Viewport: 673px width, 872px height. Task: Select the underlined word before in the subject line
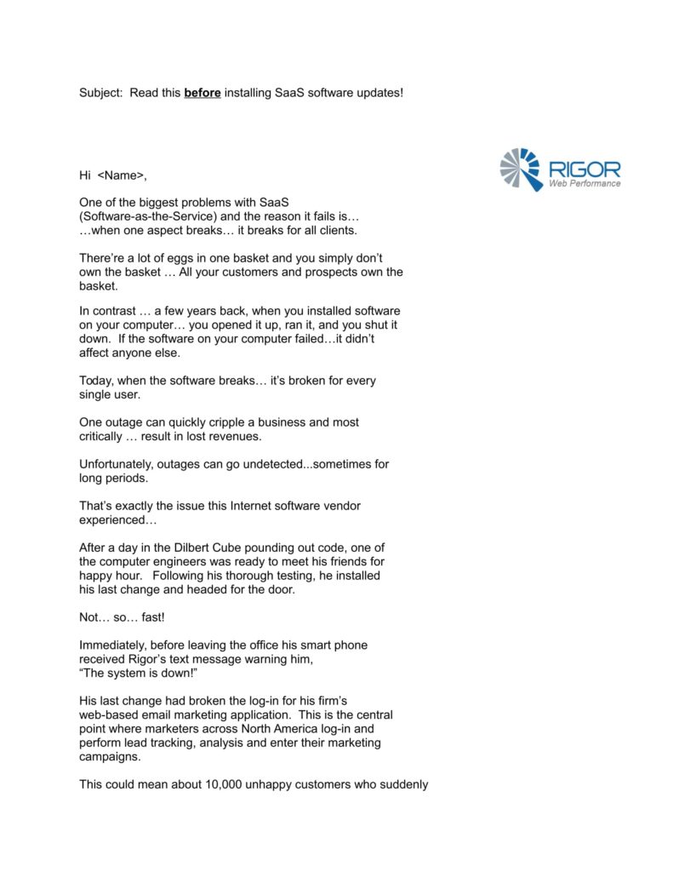coord(202,92)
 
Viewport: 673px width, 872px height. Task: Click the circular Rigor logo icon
coord(521,169)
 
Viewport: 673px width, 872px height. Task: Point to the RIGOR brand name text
coord(584,169)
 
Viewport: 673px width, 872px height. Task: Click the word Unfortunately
coord(117,464)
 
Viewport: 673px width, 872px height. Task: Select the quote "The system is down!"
coord(139,674)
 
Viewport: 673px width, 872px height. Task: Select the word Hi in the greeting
coord(85,175)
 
